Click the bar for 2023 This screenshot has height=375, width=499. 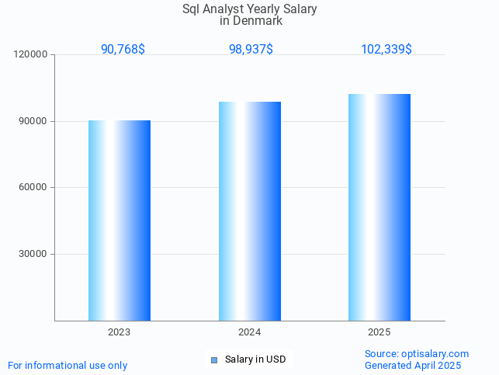pos(119,220)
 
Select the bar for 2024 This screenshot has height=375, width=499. pos(249,211)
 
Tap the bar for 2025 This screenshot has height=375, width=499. pos(379,207)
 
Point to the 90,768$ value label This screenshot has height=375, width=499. pos(123,49)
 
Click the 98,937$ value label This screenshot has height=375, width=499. pos(251,49)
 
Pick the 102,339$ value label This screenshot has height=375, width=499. pos(386,49)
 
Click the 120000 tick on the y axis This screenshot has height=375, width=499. pos(32,54)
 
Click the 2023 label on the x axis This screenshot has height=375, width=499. pos(119,332)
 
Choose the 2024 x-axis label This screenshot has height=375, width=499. pos(249,332)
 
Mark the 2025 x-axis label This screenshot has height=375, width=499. pos(379,332)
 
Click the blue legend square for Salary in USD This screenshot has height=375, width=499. pos(214,359)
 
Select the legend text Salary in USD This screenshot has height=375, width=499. pos(255,359)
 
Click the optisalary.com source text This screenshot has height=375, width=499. pos(417,353)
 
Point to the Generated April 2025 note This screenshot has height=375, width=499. pos(413,365)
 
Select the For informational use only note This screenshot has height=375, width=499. pos(68,365)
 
